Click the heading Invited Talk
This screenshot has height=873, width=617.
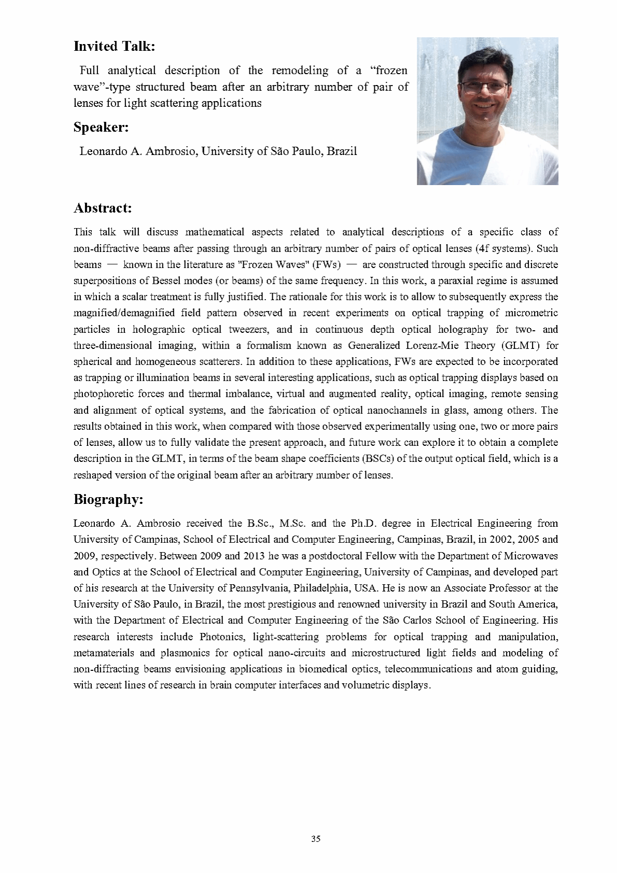(115, 46)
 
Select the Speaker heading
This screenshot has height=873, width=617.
(101, 127)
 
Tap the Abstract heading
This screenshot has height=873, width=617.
(103, 208)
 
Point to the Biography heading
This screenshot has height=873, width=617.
(108, 499)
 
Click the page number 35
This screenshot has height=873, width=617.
(316, 839)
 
